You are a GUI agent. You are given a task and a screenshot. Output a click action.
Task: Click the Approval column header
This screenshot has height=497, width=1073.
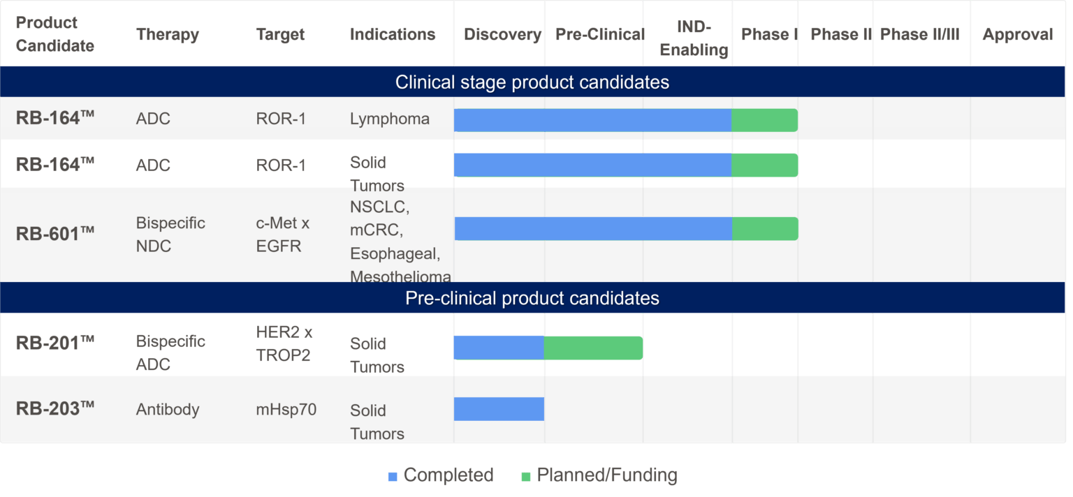[x=1017, y=35]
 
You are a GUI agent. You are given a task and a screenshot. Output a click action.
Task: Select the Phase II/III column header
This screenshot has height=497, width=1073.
[x=919, y=35]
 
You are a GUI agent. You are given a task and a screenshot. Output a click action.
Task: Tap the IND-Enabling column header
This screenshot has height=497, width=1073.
[x=694, y=38]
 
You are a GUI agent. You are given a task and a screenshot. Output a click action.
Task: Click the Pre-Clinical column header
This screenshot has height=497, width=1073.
[x=599, y=35]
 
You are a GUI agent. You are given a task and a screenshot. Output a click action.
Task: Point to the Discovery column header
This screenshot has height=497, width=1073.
[x=502, y=35]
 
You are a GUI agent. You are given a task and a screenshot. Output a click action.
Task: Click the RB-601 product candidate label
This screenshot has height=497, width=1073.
[x=54, y=234]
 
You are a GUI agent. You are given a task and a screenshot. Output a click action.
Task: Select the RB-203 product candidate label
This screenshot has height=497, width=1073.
[x=54, y=408]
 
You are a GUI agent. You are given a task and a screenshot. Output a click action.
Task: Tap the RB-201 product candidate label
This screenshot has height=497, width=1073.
[x=54, y=343]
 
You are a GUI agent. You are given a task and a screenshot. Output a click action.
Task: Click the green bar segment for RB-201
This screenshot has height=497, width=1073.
[x=593, y=348]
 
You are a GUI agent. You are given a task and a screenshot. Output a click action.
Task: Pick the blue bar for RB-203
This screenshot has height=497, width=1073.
[x=499, y=409]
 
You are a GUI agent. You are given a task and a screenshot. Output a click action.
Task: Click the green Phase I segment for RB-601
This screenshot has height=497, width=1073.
[x=764, y=228]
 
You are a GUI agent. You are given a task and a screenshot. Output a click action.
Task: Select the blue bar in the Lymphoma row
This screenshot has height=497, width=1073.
[x=592, y=120]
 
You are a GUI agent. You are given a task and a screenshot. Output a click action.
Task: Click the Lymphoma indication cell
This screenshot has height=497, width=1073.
[x=389, y=119]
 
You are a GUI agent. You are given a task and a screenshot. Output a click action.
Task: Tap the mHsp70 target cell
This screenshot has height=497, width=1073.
[x=286, y=409]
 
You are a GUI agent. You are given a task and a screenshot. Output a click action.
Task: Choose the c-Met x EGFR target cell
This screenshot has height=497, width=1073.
[x=282, y=235]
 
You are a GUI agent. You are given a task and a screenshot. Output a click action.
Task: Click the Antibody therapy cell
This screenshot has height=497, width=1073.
[x=167, y=409]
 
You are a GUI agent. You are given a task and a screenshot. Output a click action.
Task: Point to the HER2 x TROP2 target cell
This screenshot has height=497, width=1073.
[x=284, y=343]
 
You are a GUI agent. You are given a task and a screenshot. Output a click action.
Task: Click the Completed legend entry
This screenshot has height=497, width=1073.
[x=441, y=475]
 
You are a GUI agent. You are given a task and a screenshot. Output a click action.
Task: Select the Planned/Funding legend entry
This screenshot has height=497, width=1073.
[x=599, y=475]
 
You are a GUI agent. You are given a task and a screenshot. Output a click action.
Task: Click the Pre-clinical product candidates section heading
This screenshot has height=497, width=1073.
[x=532, y=298]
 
